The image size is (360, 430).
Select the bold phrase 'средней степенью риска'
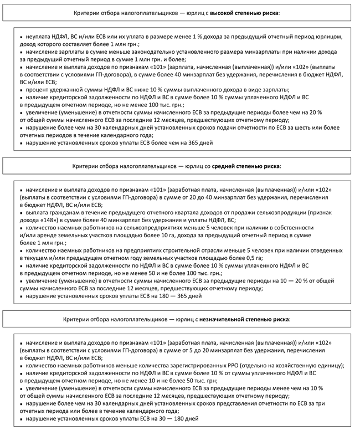pyautogui.click(x=249, y=166)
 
